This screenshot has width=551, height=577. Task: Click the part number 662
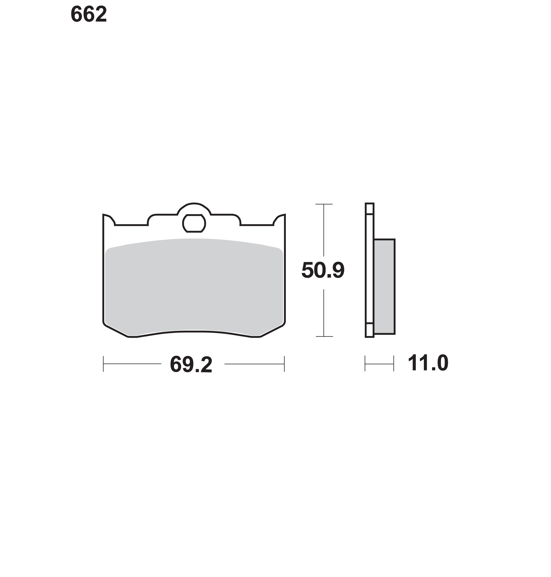pyautogui.click(x=89, y=14)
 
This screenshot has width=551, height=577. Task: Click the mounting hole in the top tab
pyautogui.click(x=194, y=223)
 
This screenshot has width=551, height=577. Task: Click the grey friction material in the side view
pyautogui.click(x=384, y=287)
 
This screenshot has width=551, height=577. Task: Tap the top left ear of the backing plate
pyautogui.click(x=108, y=219)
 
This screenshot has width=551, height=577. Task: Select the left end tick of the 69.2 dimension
pyautogui.click(x=103, y=364)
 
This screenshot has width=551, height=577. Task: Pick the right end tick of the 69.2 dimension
pyautogui.click(x=284, y=364)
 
